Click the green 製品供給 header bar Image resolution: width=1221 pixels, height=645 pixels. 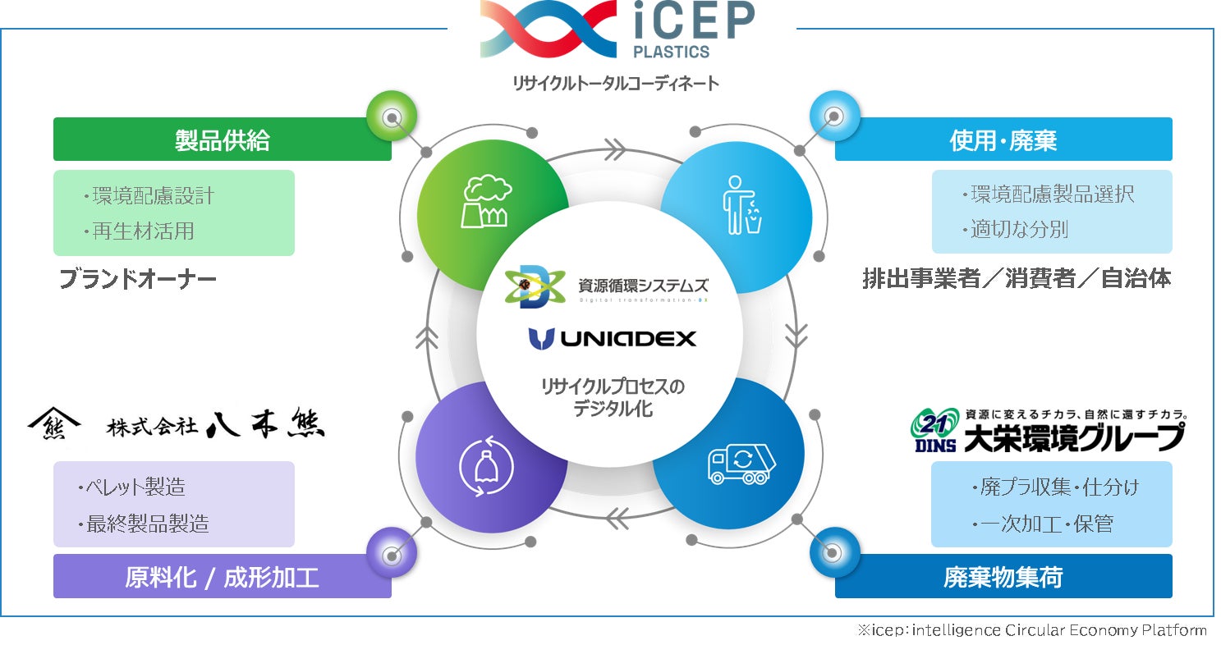point(222,140)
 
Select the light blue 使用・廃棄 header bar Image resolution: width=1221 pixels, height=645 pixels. point(1003,140)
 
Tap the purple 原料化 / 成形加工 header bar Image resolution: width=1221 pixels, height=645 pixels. point(222,577)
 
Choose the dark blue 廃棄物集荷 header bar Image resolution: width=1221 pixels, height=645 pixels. point(1003,577)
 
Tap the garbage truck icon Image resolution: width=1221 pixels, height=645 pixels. point(741,464)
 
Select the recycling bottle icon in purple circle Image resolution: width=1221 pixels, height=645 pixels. point(486,464)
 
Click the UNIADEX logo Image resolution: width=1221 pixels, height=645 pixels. point(613,337)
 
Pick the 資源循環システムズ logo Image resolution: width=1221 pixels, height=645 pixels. point(607,288)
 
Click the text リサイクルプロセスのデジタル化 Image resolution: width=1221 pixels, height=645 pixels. point(613,396)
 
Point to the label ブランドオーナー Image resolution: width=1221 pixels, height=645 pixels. point(138,280)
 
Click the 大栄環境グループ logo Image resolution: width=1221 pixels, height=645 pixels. point(1046,430)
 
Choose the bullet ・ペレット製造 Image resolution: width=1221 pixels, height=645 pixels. point(131,487)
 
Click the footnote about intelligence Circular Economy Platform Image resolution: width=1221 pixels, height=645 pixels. point(1031,630)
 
